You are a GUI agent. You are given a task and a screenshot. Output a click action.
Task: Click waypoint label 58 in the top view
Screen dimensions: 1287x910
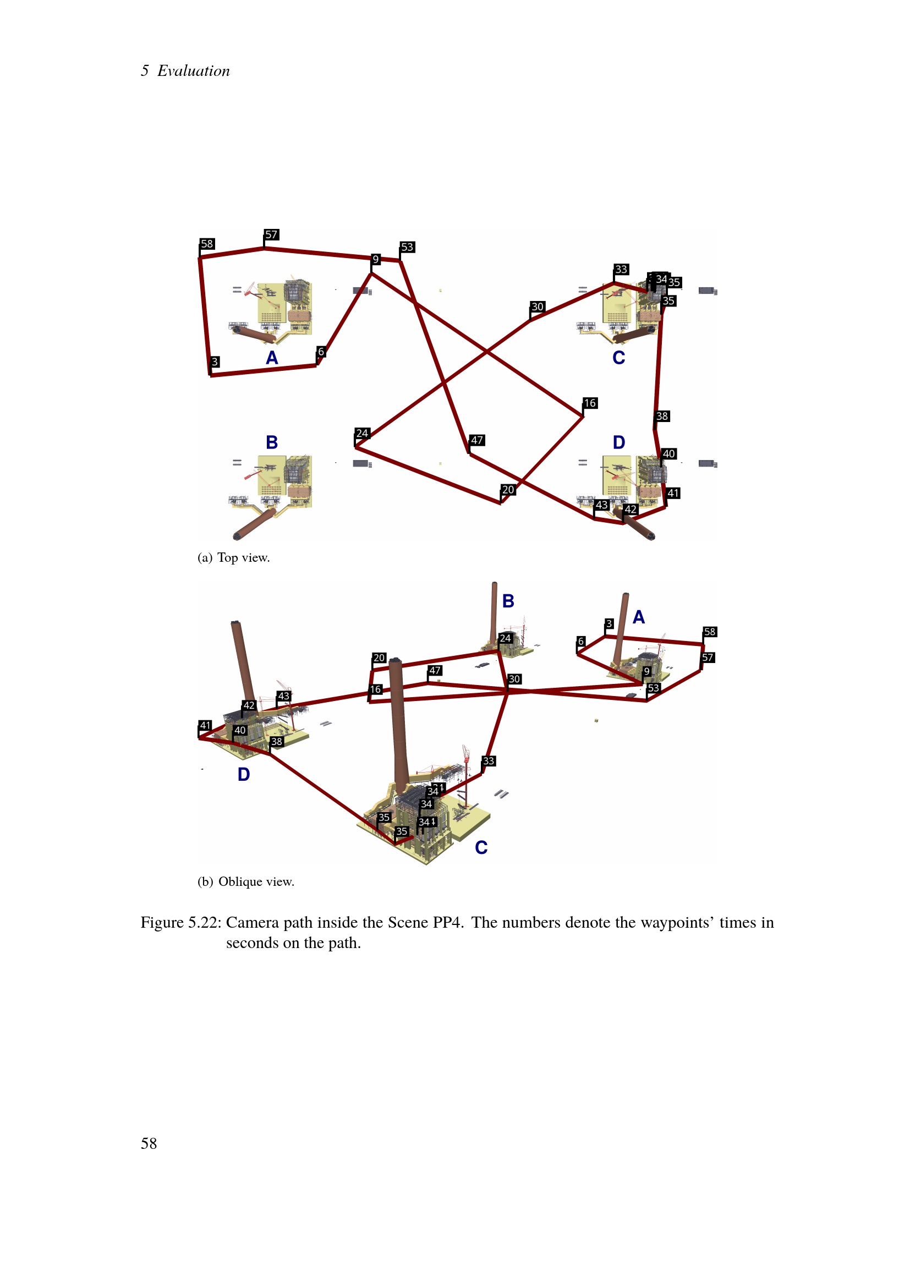pos(207,244)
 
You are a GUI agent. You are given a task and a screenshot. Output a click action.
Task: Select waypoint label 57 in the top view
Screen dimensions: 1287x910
pos(272,234)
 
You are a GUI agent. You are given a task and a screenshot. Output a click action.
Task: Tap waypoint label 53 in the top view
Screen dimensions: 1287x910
pos(407,247)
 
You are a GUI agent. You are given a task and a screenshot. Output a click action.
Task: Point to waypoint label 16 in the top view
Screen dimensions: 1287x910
pos(590,403)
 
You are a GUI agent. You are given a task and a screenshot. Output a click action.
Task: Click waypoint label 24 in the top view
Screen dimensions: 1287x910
pos(363,433)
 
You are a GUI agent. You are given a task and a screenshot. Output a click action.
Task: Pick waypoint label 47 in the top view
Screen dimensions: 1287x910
pos(478,440)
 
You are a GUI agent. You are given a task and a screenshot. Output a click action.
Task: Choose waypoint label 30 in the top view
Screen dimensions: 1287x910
pos(538,306)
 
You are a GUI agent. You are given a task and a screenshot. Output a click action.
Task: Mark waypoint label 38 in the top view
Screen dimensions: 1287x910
pos(662,416)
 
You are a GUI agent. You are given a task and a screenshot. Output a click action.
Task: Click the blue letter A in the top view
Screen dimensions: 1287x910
pos(272,358)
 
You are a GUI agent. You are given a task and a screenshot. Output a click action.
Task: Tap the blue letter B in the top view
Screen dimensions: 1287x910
pos(272,442)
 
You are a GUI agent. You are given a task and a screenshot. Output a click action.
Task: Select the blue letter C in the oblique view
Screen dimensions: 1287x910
pos(481,847)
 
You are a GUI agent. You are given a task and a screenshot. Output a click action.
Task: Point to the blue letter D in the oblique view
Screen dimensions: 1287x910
pos(244,774)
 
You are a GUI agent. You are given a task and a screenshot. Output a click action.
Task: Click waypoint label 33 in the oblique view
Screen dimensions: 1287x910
pos(489,760)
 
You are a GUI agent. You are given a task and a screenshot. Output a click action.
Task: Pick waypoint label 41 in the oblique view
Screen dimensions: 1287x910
pos(206,725)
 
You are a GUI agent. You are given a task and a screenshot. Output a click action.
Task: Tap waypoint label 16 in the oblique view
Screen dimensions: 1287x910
pos(376,689)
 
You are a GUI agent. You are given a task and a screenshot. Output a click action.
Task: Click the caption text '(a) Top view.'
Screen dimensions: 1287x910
pos(234,558)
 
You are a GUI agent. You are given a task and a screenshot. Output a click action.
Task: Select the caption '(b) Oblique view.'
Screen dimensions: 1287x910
pos(245,881)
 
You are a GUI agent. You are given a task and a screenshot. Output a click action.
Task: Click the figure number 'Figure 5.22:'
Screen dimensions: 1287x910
pos(180,923)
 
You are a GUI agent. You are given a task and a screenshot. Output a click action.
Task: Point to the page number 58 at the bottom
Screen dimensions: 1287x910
pos(149,1143)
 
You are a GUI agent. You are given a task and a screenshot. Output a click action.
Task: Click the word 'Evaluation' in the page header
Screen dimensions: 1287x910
pos(193,70)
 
